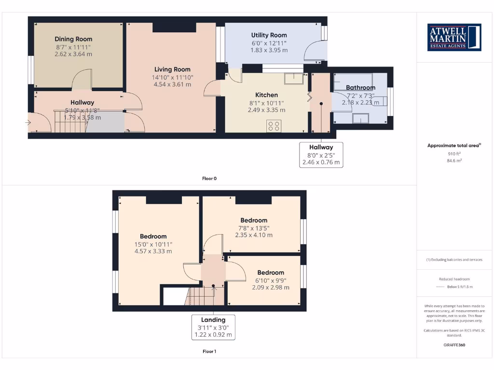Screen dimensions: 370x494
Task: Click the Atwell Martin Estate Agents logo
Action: click(x=454, y=38)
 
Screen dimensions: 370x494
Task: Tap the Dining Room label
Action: click(x=73, y=39)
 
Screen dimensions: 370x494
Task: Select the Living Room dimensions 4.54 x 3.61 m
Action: click(x=172, y=84)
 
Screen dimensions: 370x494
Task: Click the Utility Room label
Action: click(x=269, y=35)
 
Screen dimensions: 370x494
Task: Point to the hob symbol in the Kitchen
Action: click(x=274, y=126)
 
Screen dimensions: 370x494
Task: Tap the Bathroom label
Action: click(x=360, y=88)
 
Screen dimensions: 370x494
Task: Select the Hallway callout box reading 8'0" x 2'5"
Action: click(x=321, y=155)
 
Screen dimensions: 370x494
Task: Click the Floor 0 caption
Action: click(x=209, y=178)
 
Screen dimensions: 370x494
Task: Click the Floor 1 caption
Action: click(x=209, y=351)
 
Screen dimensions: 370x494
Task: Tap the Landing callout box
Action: click(x=213, y=327)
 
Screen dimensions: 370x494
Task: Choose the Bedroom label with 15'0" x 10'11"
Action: click(x=153, y=236)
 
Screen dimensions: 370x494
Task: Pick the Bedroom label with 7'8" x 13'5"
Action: click(x=254, y=220)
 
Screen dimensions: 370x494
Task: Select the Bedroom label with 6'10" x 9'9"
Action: click(x=271, y=273)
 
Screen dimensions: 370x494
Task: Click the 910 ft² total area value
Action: click(x=454, y=154)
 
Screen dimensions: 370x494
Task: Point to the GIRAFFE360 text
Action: click(x=454, y=345)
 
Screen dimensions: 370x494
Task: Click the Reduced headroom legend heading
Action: click(x=454, y=279)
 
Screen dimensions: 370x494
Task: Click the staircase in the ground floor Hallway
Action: click(x=70, y=126)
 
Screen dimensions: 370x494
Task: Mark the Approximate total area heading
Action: click(x=454, y=145)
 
